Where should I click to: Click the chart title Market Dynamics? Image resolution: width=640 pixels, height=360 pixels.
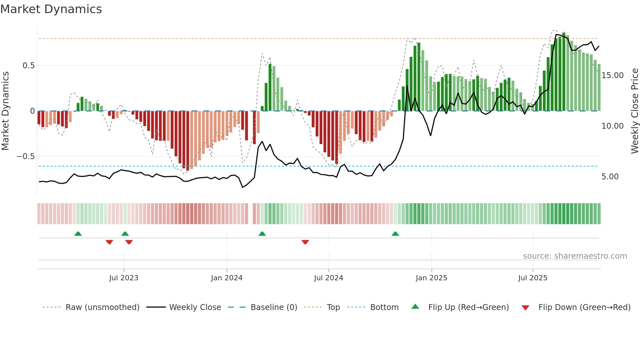(x=51, y=9)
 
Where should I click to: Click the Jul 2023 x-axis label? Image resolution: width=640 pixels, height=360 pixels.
(x=124, y=278)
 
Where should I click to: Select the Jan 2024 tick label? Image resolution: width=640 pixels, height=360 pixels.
(x=227, y=278)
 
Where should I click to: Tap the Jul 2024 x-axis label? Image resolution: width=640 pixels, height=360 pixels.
(x=328, y=278)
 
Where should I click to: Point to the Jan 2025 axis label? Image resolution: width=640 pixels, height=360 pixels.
(x=431, y=278)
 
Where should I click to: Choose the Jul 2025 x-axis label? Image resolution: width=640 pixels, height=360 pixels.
(x=533, y=278)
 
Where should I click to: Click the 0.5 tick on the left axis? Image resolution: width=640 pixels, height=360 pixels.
(x=28, y=66)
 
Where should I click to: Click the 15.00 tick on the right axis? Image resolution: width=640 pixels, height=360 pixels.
(x=613, y=75)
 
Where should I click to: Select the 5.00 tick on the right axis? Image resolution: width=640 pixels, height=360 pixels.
(x=610, y=177)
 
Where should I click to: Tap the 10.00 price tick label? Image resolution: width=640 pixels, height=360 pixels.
(x=613, y=126)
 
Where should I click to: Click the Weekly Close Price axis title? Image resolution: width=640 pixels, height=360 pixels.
(x=634, y=111)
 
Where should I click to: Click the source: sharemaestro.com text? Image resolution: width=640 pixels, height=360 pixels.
(x=575, y=256)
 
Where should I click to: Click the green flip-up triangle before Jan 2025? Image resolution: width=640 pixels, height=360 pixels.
(x=395, y=234)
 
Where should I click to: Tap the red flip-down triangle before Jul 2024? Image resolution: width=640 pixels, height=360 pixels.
(x=305, y=242)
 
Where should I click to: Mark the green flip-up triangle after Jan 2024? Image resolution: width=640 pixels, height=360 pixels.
(x=262, y=234)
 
